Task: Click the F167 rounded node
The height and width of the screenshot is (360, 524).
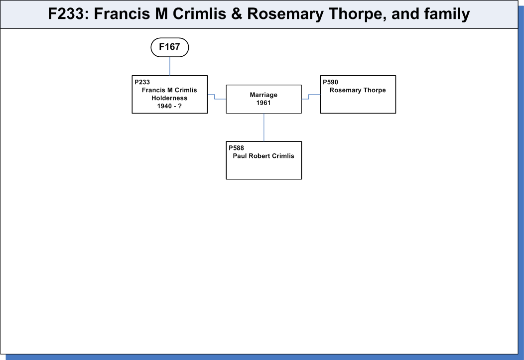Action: click(x=170, y=47)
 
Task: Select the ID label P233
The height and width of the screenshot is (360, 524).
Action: click(x=142, y=82)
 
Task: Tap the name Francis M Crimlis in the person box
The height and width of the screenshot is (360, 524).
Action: click(x=169, y=90)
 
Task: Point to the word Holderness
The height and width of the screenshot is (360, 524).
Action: click(x=169, y=98)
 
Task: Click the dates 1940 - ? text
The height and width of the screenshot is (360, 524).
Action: click(x=169, y=106)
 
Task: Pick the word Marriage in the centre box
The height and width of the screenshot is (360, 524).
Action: click(x=263, y=95)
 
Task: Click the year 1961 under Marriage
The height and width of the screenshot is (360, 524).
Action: click(x=263, y=103)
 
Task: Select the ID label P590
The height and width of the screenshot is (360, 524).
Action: click(x=331, y=82)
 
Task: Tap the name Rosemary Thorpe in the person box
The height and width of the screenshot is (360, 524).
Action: click(x=358, y=90)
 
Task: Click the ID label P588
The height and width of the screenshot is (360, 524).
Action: click(x=236, y=148)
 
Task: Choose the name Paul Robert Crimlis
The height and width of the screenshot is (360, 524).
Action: click(x=263, y=156)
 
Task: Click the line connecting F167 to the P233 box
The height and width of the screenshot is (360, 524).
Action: click(x=170, y=66)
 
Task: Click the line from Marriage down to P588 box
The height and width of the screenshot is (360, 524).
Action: click(x=264, y=127)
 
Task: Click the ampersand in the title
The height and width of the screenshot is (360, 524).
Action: click(x=236, y=14)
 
